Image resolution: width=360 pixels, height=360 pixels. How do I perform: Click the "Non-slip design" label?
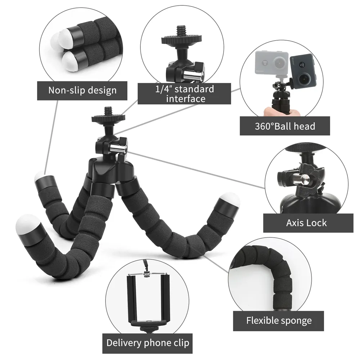[82, 90]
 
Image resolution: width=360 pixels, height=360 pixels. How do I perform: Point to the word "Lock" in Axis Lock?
[317, 223]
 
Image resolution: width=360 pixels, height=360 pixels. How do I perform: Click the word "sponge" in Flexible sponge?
[294, 320]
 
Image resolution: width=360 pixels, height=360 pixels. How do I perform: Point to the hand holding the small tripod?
[281, 111]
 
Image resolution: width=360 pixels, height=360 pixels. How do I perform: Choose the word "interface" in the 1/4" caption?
[186, 99]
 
